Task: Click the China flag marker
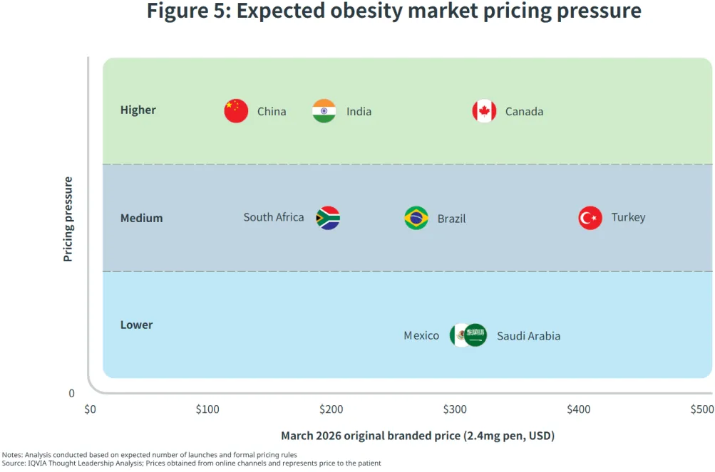(236, 111)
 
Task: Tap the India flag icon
(324, 111)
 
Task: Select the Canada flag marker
(484, 111)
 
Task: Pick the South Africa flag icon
(328, 218)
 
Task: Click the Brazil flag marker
(416, 218)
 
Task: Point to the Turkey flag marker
(590, 218)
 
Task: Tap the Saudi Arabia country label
(528, 336)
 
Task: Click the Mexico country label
(421, 335)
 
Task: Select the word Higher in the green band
(138, 110)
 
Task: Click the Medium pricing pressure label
(141, 218)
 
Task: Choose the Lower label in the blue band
(136, 325)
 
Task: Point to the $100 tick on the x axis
(207, 409)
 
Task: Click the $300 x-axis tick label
(455, 409)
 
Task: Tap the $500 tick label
(701, 409)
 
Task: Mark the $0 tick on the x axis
(90, 409)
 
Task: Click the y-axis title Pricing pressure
(68, 219)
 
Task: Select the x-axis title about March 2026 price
(417, 436)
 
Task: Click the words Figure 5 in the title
(187, 11)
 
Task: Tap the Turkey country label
(628, 217)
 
